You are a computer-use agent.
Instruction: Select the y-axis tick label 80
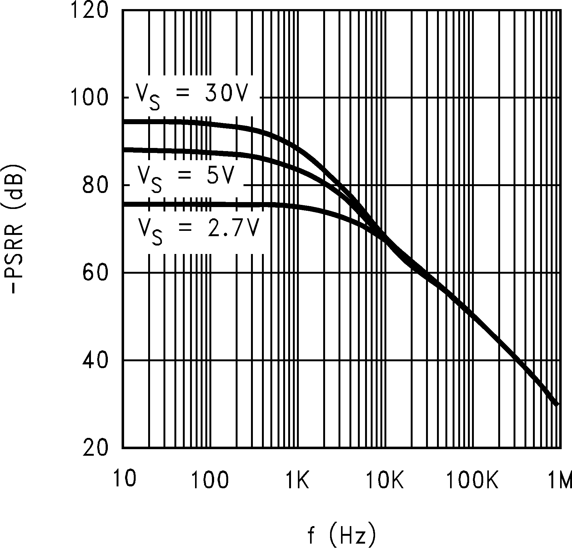95,185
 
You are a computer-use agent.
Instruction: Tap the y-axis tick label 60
95,273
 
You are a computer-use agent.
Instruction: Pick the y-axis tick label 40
95,361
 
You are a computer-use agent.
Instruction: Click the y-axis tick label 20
95,448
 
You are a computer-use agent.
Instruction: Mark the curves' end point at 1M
556,404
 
